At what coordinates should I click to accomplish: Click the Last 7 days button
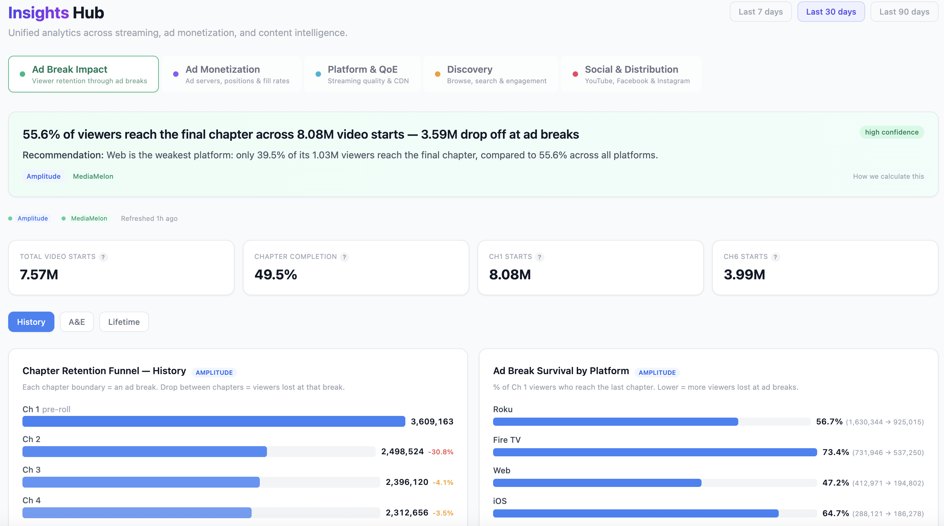pos(760,12)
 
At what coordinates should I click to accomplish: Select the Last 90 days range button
pos(904,12)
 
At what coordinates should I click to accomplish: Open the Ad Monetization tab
pos(231,74)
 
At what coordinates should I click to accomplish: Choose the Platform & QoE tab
pos(362,74)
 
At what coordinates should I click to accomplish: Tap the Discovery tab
pos(490,74)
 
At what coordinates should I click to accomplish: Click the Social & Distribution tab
pos(631,74)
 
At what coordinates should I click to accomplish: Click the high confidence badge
pos(891,132)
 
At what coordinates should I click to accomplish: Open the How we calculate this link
pos(888,176)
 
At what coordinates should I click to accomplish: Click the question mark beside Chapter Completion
pos(344,257)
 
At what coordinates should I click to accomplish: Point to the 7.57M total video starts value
pos(39,274)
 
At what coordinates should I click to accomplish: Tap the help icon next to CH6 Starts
pos(775,257)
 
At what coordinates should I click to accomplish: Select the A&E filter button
pos(77,322)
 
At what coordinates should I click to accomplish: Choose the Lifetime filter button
pos(124,322)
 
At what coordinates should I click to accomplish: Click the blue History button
pos(31,322)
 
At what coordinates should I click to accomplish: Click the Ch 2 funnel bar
pos(145,452)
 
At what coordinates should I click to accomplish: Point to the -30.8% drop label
pos(440,452)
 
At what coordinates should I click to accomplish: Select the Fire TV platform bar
pos(655,452)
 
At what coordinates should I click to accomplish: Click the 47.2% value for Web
pos(835,483)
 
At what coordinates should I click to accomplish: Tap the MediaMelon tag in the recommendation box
pos(93,176)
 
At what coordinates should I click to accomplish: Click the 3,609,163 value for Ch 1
pos(432,422)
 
